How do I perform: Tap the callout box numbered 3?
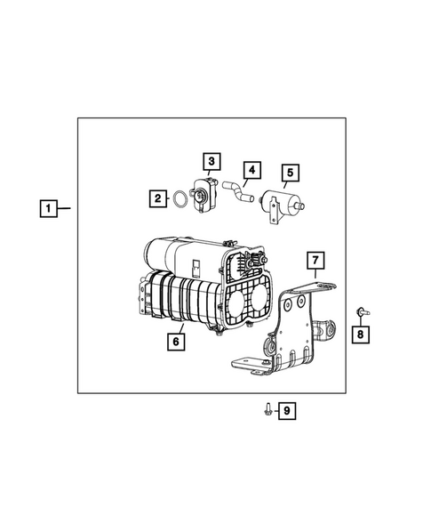(x=211, y=160)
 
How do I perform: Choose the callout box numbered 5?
(x=291, y=173)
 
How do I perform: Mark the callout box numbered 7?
(x=316, y=260)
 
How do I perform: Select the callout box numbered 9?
(x=286, y=410)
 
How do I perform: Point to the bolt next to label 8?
(x=361, y=311)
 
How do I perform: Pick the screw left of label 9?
(x=267, y=409)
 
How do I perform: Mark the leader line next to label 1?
(x=67, y=210)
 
